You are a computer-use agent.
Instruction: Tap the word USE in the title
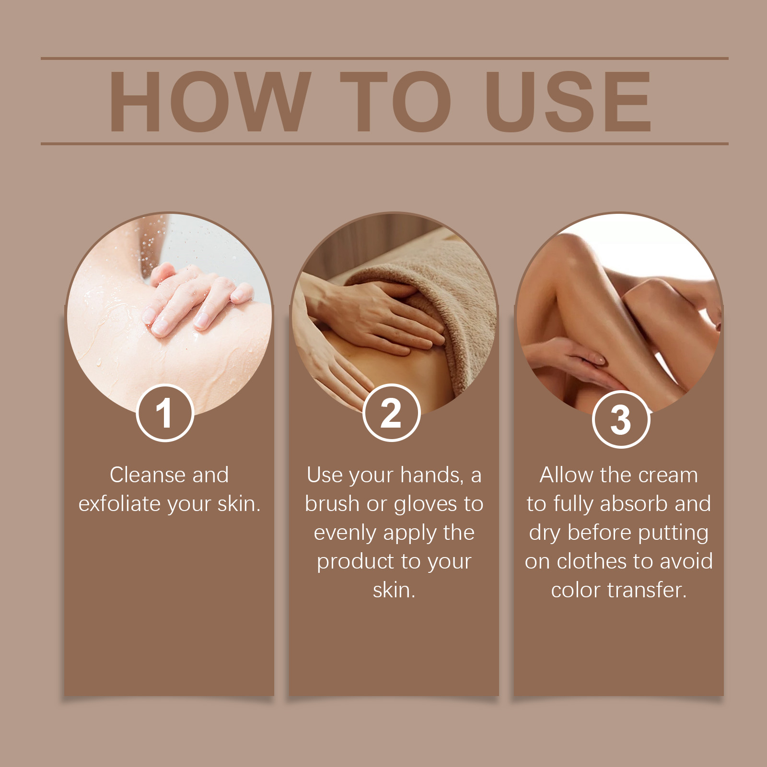click(568, 102)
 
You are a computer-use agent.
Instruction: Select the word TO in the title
click(395, 102)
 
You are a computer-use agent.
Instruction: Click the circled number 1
click(165, 413)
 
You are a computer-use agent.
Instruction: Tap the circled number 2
click(391, 413)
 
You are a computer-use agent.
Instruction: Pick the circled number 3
click(621, 420)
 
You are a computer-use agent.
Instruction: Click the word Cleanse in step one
click(148, 475)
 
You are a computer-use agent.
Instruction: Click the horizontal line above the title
click(383, 58)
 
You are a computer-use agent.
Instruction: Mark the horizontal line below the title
click(383, 143)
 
